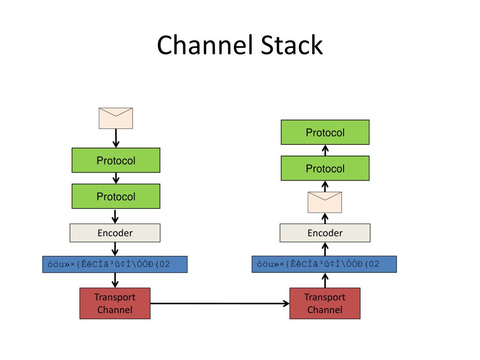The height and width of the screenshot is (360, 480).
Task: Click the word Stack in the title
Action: tap(292, 45)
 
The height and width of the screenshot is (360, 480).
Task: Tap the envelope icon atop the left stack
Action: tap(116, 118)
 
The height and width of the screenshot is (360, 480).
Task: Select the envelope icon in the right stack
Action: tap(325, 202)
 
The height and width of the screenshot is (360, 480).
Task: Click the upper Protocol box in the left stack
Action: tap(116, 160)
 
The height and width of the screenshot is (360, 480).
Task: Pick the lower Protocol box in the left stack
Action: tap(116, 196)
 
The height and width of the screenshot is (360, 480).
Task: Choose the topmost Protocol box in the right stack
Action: tap(325, 132)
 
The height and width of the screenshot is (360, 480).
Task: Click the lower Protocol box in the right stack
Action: tap(325, 168)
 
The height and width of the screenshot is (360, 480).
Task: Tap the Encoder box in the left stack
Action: tap(115, 233)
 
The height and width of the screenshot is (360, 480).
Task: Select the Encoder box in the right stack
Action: tap(325, 233)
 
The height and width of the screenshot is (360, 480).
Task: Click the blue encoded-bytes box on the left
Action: tap(115, 264)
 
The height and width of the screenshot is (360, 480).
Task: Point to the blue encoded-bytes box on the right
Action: tap(324, 264)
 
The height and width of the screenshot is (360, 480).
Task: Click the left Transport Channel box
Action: tap(115, 303)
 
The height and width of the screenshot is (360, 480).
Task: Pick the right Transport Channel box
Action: tap(325, 303)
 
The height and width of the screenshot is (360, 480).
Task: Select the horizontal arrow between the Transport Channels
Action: tap(220, 303)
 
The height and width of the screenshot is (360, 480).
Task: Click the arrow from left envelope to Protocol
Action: tap(116, 138)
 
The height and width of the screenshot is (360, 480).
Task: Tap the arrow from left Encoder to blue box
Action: tap(115, 249)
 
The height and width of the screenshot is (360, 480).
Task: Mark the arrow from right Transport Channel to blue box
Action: tap(325, 280)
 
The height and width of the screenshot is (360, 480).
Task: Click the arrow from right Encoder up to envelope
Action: tap(325, 218)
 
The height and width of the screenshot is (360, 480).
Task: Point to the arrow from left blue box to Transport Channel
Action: tap(115, 280)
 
